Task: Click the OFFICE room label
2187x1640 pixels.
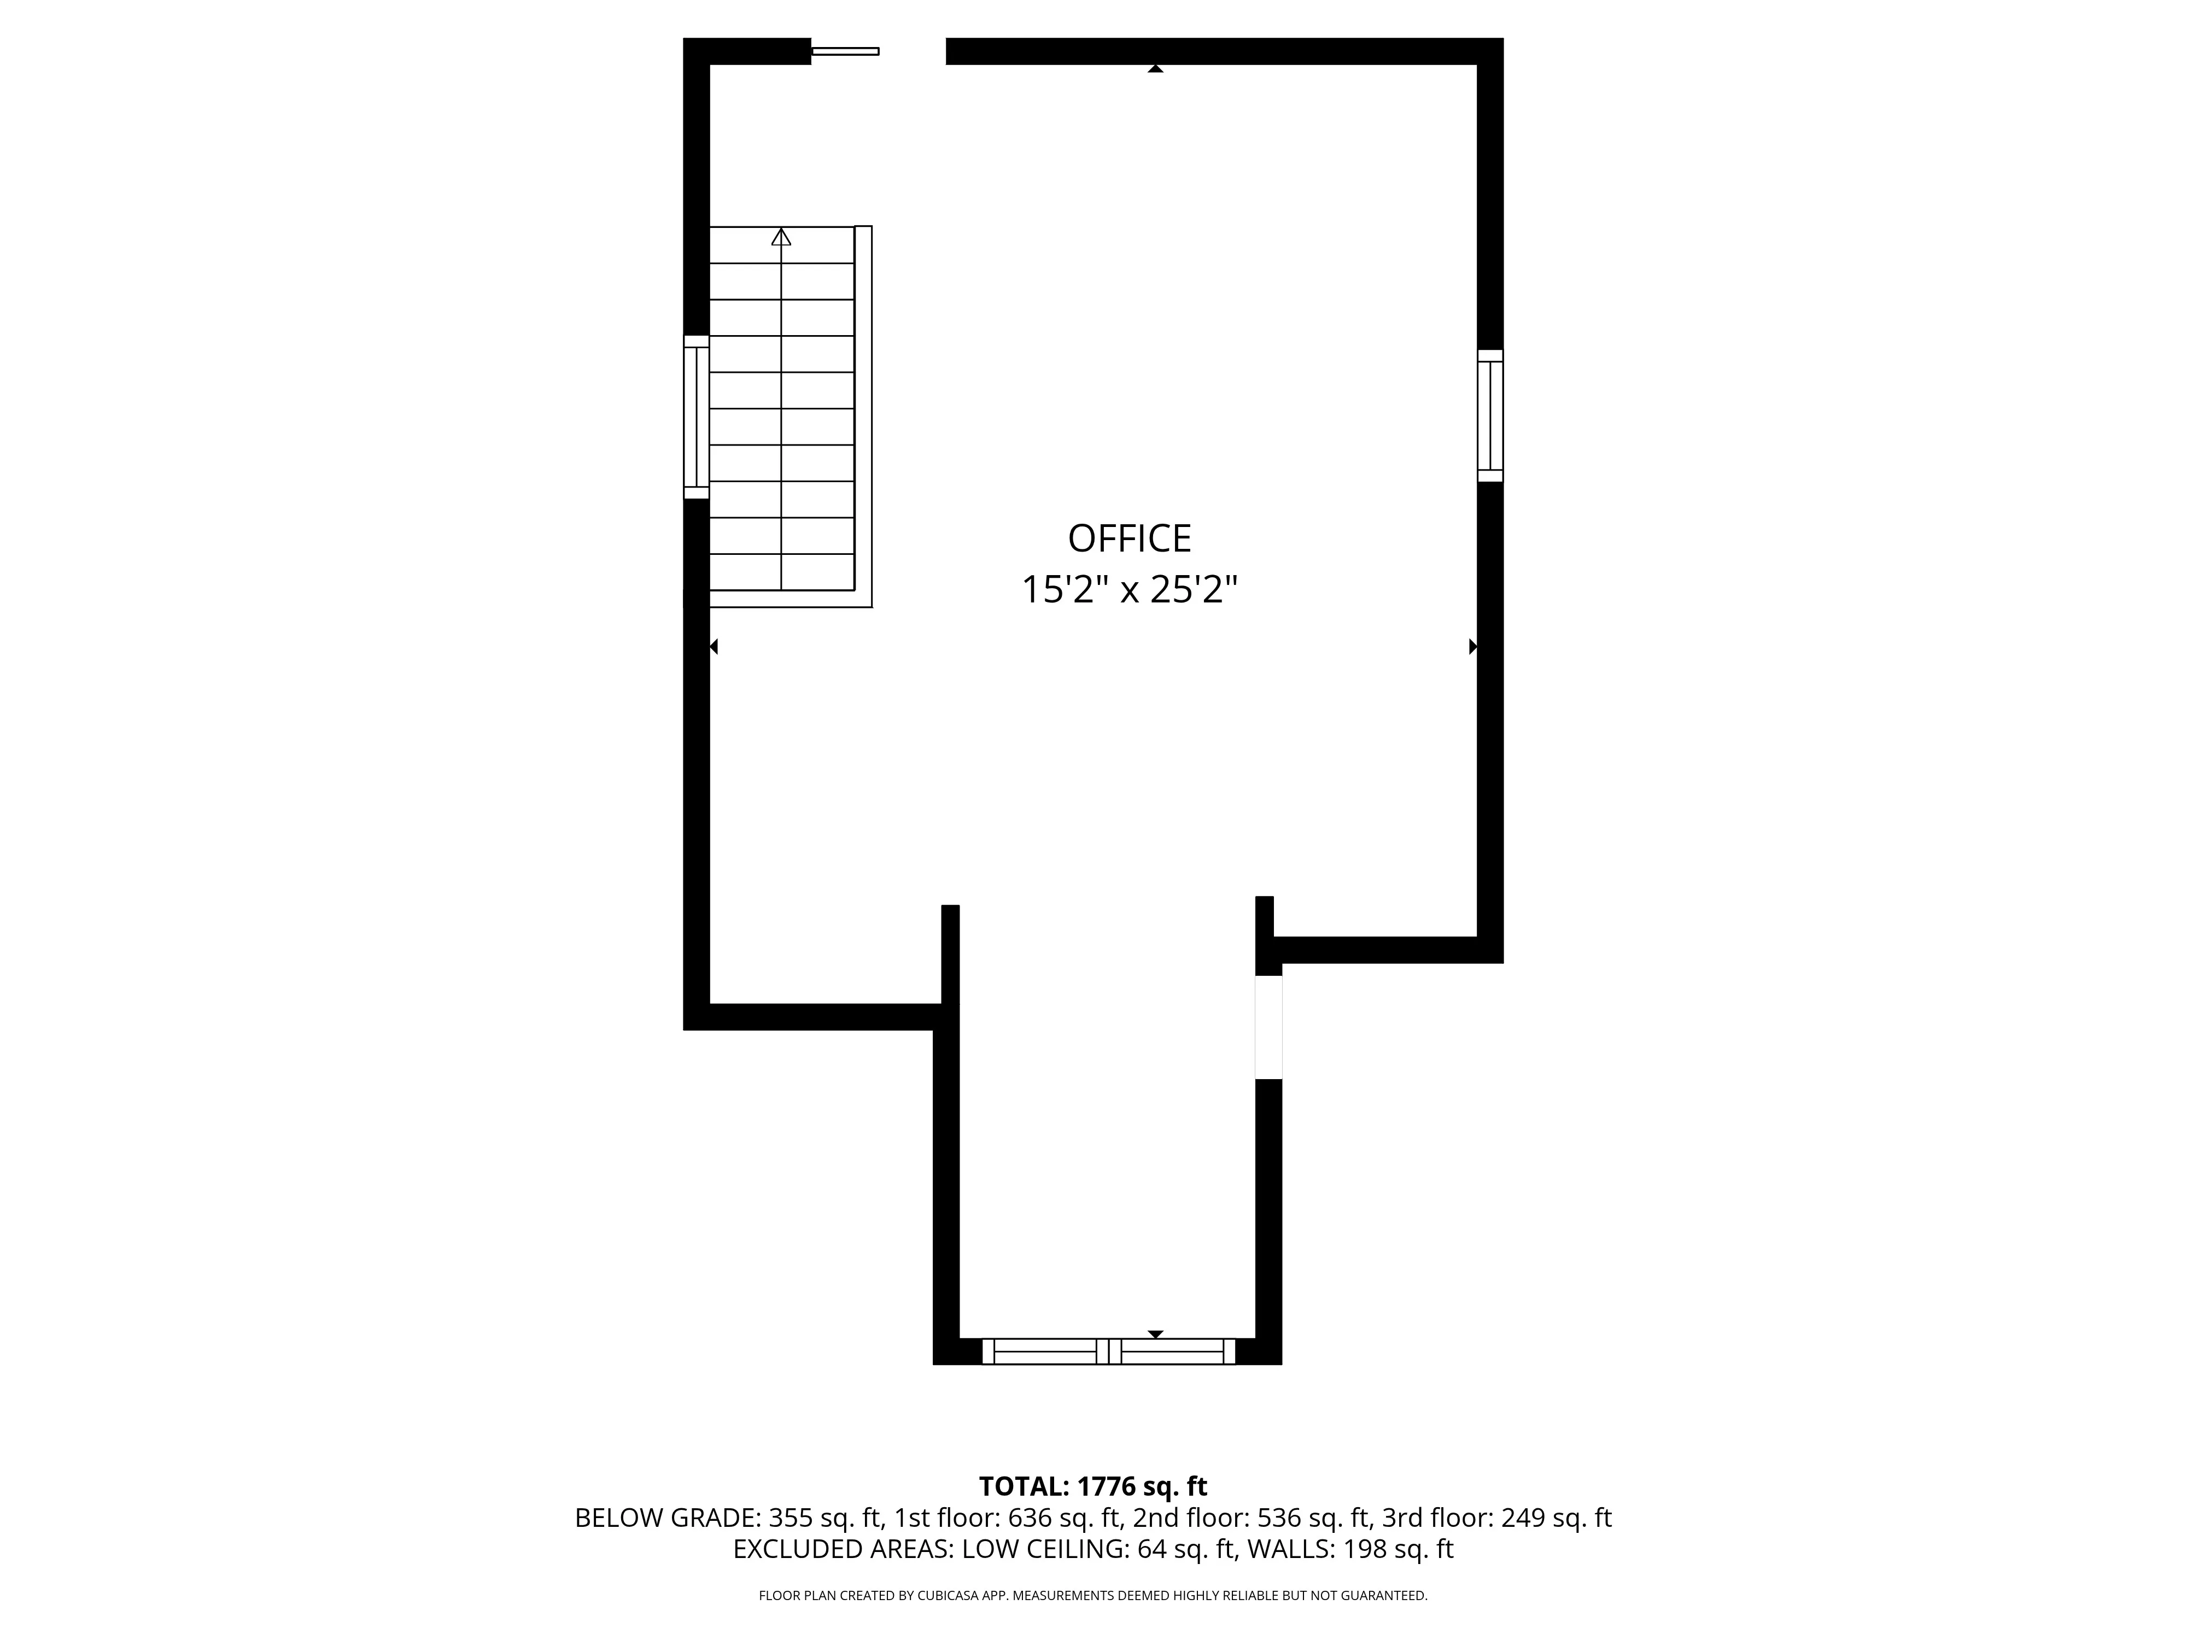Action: tap(1129, 539)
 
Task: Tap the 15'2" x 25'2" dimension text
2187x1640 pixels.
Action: tap(1129, 591)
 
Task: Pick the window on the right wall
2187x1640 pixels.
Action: tap(1490, 415)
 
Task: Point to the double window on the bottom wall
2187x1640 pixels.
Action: tap(1108, 1351)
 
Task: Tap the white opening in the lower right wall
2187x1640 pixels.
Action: tap(1268, 1027)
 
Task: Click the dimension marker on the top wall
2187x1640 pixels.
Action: tap(1155, 68)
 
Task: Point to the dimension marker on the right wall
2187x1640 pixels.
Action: tap(1472, 647)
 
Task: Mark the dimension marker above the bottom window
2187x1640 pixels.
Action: tap(1155, 1334)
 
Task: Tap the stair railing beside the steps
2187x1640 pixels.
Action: tap(863, 415)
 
